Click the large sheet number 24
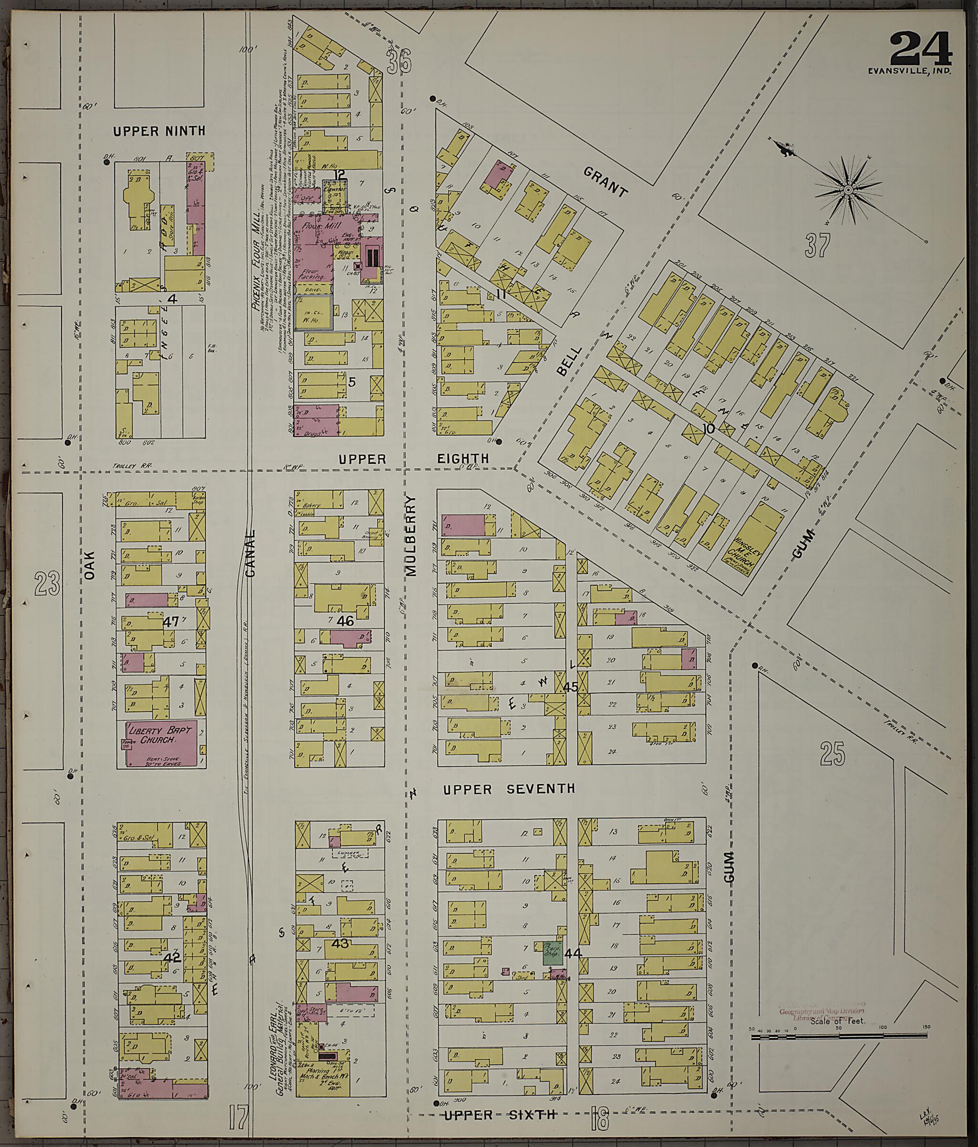920,49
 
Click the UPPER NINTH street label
159,131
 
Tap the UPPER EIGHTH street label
414,458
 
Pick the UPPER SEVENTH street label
509,789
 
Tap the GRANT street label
606,182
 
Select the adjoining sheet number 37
818,245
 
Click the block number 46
345,621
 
